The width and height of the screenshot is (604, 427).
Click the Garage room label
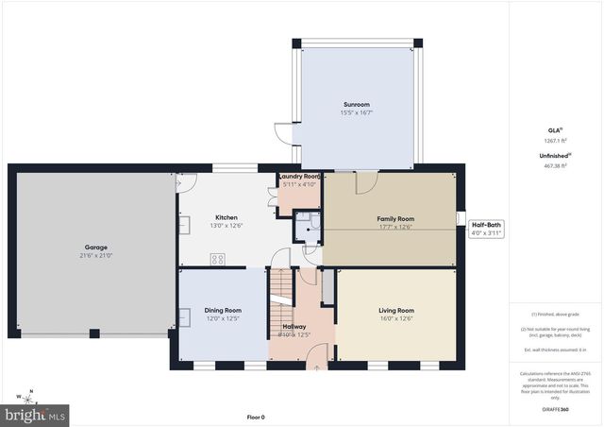point(95,248)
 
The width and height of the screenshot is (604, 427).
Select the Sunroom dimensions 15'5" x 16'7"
point(357,113)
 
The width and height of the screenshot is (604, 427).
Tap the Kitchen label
point(226,217)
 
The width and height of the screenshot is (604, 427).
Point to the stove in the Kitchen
point(218,258)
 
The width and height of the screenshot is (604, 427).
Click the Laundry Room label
point(300,177)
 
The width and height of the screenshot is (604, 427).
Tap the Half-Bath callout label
point(488,224)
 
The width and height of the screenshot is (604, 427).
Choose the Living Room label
point(396,310)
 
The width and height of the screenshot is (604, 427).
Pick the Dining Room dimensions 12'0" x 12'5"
point(225,318)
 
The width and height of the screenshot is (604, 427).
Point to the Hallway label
point(294,326)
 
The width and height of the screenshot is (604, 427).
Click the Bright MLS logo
point(36,414)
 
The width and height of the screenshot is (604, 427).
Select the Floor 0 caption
point(255,417)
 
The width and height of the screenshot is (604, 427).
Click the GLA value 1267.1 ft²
point(557,141)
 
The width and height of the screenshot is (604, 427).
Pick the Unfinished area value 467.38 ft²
point(557,165)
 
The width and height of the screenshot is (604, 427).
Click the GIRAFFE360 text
point(557,409)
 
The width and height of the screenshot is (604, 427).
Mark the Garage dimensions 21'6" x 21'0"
point(95,256)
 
